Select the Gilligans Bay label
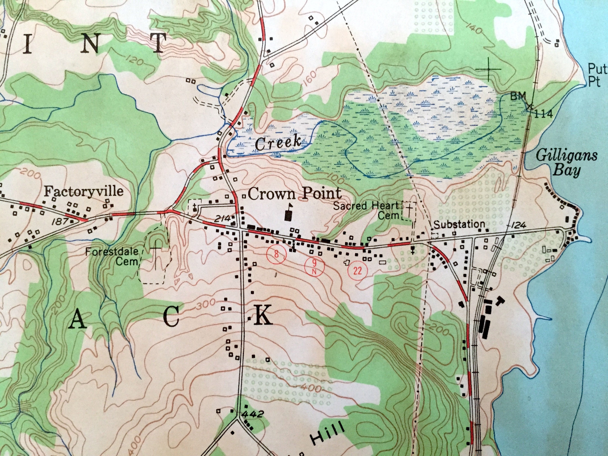tap(567, 163)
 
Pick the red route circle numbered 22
tap(358, 271)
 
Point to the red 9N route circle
tap(315, 265)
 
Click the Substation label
tap(459, 224)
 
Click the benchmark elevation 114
tap(543, 113)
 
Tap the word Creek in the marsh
tap(278, 143)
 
